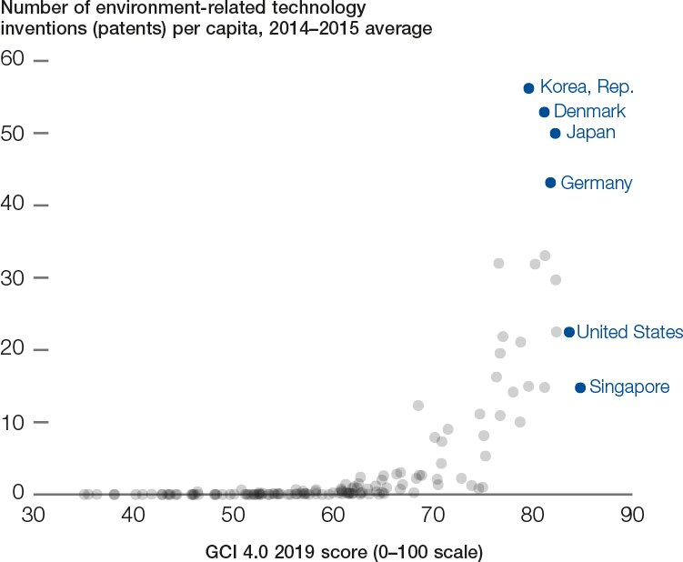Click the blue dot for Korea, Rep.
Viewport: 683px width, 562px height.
click(x=528, y=87)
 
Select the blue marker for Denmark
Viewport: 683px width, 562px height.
click(x=544, y=112)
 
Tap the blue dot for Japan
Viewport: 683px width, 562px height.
click(x=555, y=134)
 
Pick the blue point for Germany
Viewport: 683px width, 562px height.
click(x=550, y=183)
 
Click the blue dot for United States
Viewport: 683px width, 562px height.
click(x=569, y=332)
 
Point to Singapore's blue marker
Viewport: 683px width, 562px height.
click(x=580, y=387)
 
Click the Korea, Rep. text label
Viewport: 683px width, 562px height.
click(x=586, y=87)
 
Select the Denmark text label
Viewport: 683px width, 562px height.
click(x=589, y=112)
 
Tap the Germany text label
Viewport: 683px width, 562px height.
click(x=596, y=183)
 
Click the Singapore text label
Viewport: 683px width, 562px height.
click(x=629, y=387)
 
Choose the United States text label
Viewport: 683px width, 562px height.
click(x=629, y=332)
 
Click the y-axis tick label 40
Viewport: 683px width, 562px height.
click(x=13, y=206)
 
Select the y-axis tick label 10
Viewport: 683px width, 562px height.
click(x=13, y=422)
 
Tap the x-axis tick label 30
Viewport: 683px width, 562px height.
click(x=34, y=515)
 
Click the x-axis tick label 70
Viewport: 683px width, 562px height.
click(x=432, y=515)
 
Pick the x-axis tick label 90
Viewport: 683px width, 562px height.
click(x=631, y=515)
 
